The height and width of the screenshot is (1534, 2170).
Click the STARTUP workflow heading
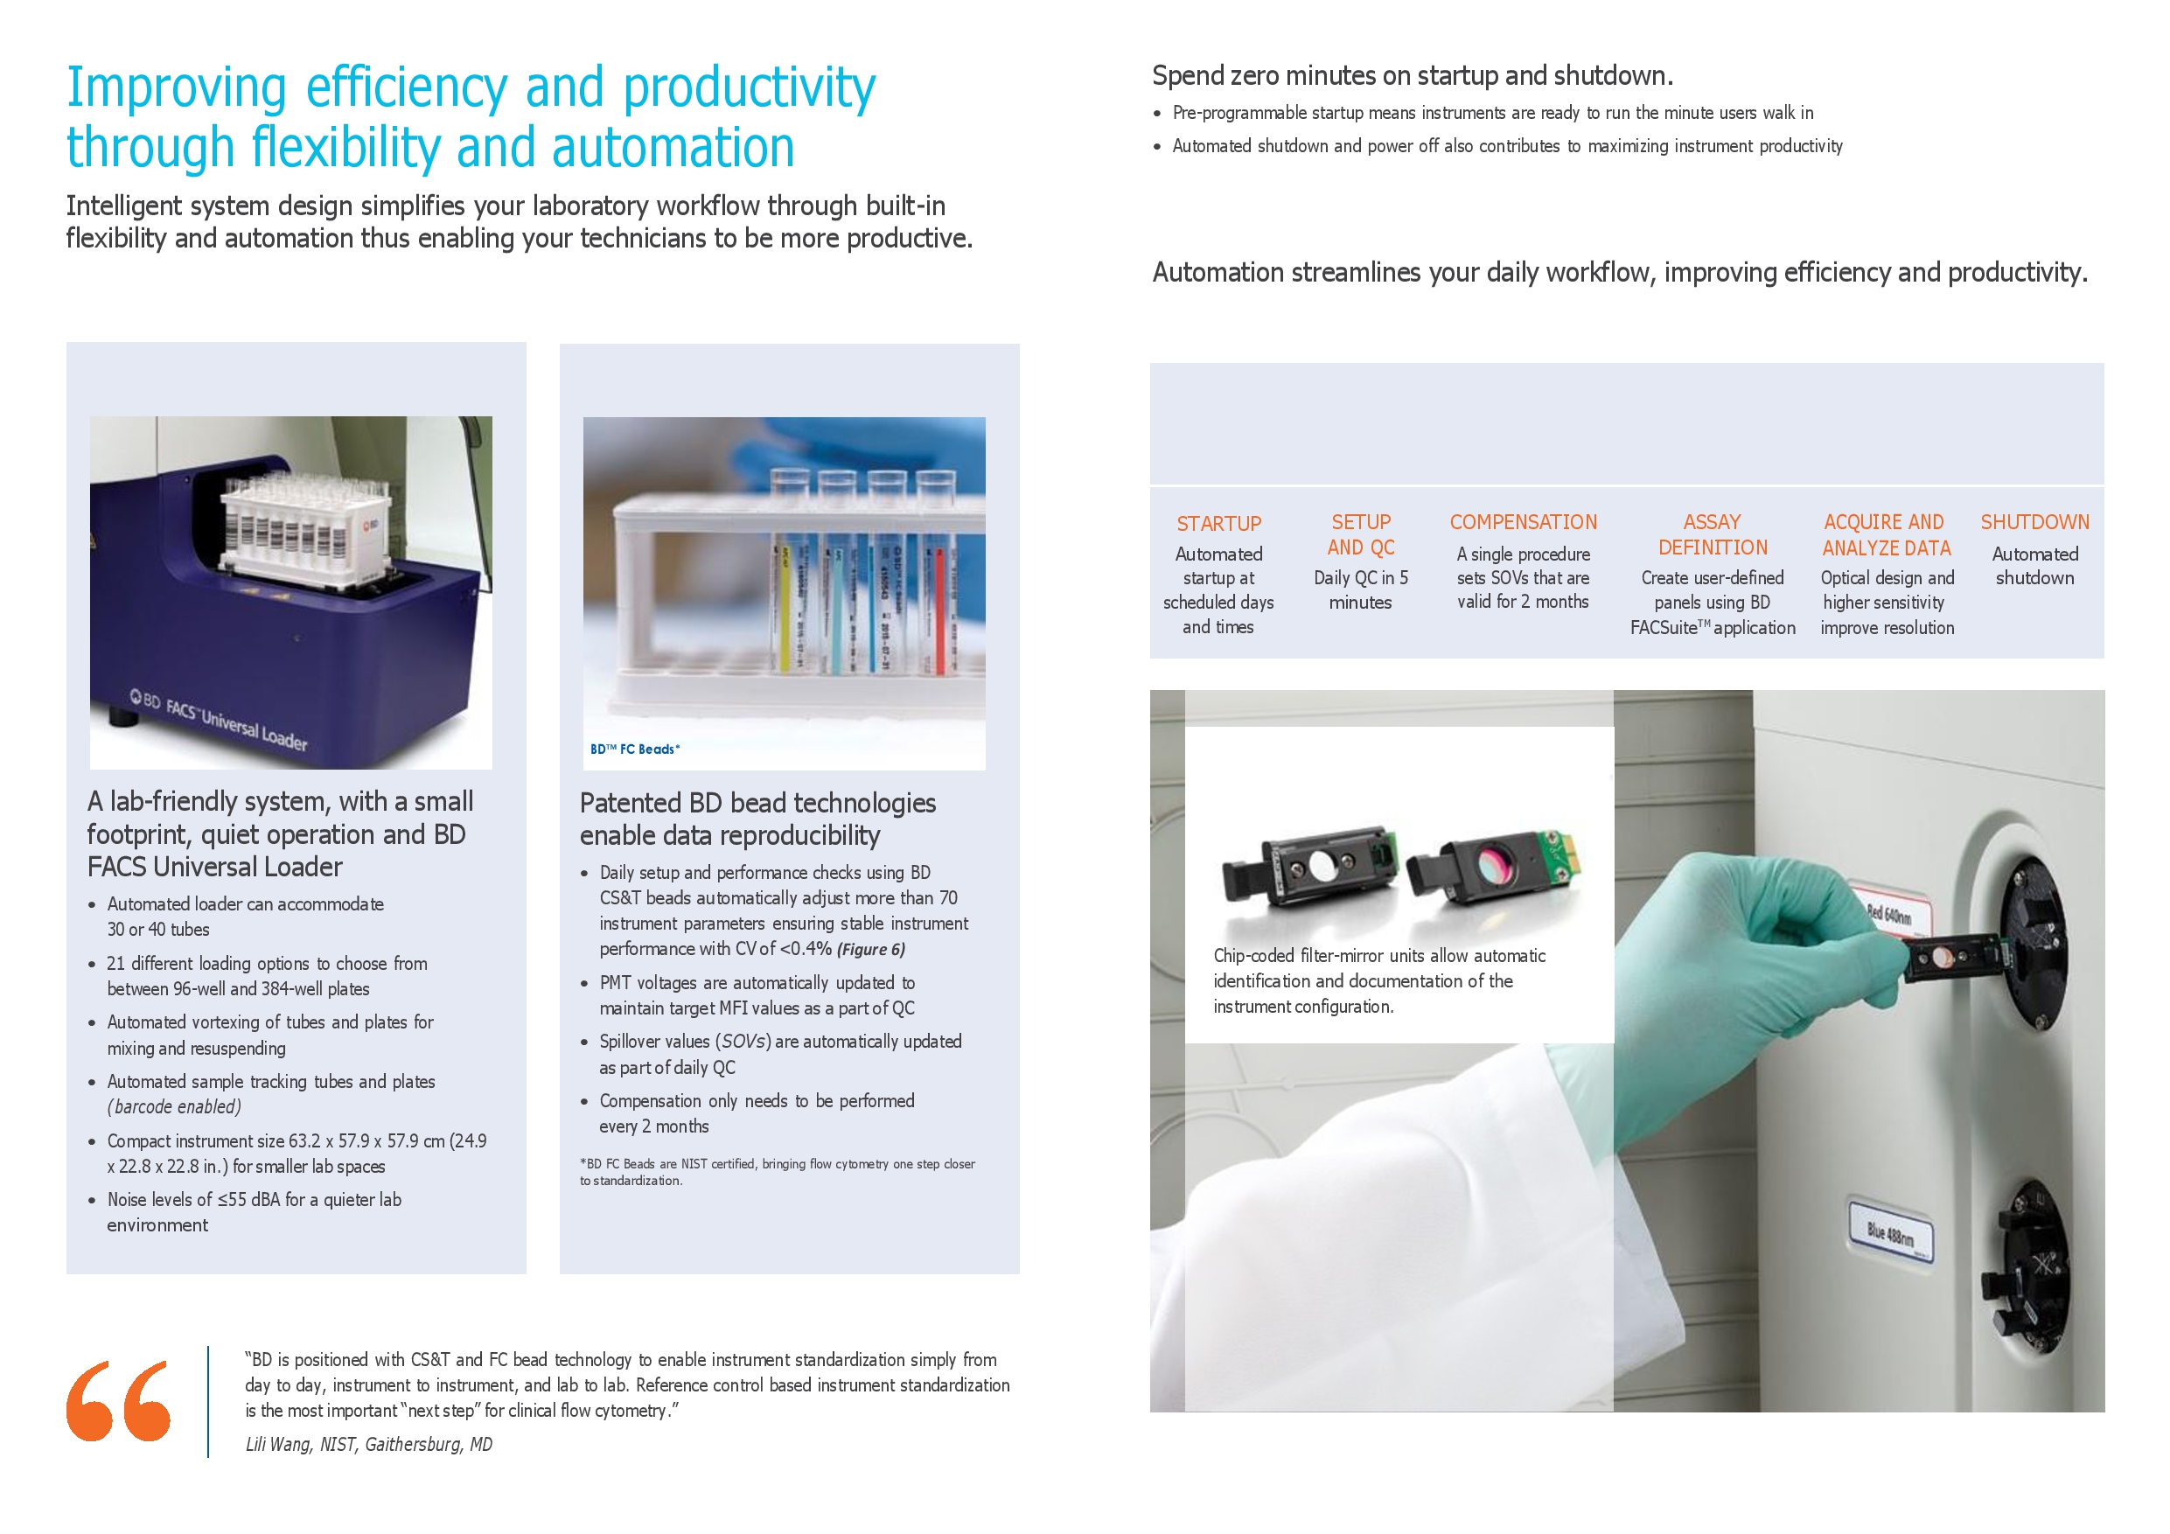pyautogui.click(x=1218, y=524)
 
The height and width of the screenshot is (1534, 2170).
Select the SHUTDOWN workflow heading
pyautogui.click(x=2034, y=522)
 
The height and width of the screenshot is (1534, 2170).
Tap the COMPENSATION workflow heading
pyautogui.click(x=1524, y=522)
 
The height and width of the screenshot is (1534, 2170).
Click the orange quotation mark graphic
pyautogui.click(x=118, y=1401)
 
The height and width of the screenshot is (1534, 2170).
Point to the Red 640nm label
pyautogui.click(x=1889, y=914)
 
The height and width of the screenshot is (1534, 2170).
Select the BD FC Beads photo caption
pyautogui.click(x=635, y=750)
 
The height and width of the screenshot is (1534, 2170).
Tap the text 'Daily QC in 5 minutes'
pyautogui.click(x=1361, y=589)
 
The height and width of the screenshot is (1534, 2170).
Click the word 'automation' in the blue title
pyautogui.click(x=673, y=149)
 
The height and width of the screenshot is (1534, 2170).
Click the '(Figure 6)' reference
pyautogui.click(x=870, y=950)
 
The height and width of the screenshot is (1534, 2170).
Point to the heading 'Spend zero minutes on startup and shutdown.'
pyautogui.click(x=1412, y=75)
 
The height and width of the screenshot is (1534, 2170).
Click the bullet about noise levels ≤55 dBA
pyautogui.click(x=255, y=1211)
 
